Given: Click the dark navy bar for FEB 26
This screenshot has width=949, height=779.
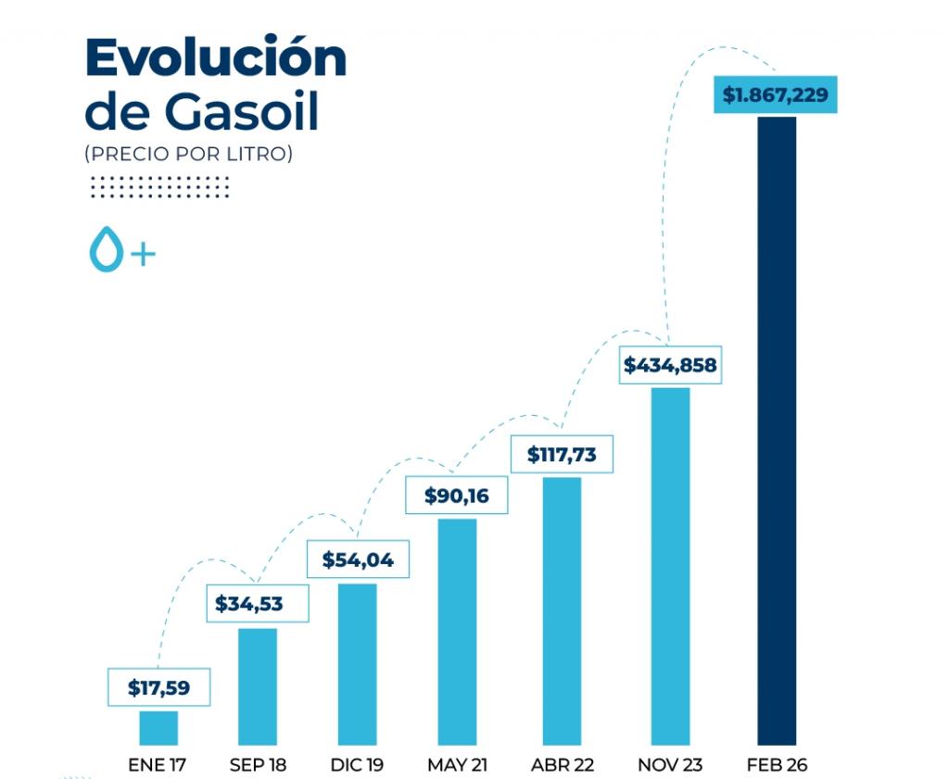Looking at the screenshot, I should [777, 431].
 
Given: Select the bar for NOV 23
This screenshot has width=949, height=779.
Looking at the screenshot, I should [670, 565].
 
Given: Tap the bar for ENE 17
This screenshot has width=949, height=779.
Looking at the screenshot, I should [158, 727].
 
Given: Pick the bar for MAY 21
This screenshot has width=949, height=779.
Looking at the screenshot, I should [457, 631].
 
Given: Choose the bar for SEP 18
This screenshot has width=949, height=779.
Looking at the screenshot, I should [258, 685].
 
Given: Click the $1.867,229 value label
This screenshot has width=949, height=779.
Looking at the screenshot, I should [775, 95].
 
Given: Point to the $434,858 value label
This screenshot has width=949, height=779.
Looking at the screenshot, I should [670, 365].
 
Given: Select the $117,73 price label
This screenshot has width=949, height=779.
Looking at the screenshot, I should [562, 455].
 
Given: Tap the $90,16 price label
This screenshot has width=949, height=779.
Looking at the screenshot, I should [456, 496].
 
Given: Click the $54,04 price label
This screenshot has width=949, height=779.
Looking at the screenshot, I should [358, 559].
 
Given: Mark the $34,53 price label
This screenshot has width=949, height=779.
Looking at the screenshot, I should [249, 605].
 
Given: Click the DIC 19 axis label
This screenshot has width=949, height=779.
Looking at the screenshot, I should [357, 765].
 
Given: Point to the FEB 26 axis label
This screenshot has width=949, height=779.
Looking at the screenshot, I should [777, 765].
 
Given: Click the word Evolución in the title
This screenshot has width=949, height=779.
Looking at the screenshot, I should [215, 59].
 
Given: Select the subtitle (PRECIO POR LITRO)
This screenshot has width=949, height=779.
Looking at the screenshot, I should [188, 154].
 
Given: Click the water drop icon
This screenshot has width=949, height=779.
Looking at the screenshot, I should [105, 250].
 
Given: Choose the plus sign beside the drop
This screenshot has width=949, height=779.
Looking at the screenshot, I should [142, 253].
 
